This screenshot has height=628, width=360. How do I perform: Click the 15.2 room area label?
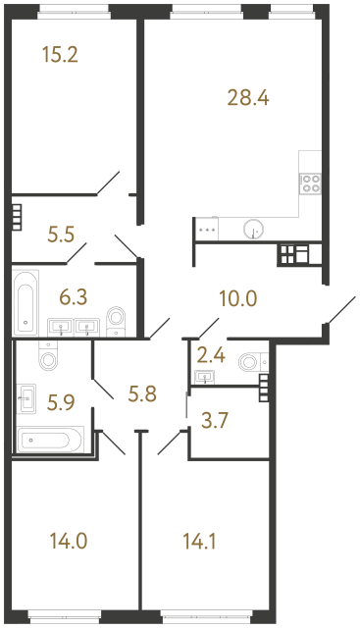(60, 55)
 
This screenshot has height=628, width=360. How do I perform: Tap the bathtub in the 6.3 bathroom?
(26, 301)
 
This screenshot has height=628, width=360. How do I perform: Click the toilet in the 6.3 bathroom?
(117, 317)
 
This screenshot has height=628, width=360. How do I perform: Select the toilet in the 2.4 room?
(250, 363)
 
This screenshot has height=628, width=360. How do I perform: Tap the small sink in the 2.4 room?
(206, 376)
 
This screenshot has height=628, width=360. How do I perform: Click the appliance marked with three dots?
(207, 229)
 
